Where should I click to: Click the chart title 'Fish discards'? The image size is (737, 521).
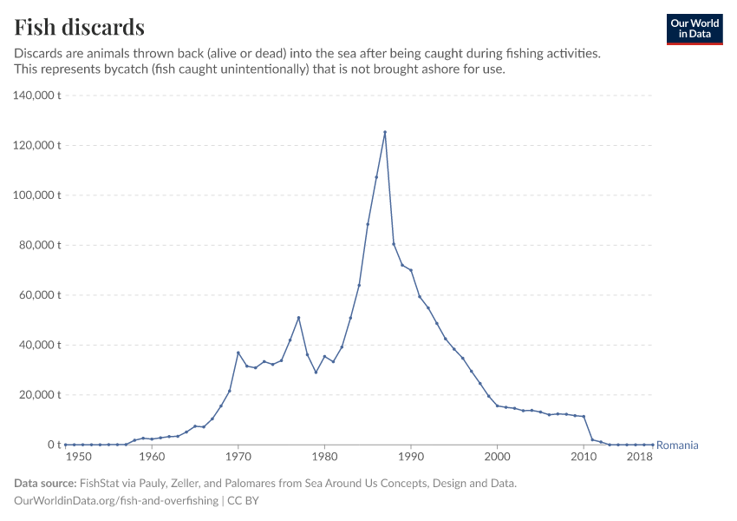[x=80, y=27]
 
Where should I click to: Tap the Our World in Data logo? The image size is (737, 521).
[x=694, y=29]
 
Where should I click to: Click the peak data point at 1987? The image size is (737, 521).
[x=385, y=132]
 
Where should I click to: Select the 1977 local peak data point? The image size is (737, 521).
[x=298, y=318]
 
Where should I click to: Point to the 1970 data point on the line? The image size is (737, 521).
[x=238, y=353]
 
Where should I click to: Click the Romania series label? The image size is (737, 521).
[x=677, y=445]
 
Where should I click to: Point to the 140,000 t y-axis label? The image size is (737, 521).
[x=36, y=95]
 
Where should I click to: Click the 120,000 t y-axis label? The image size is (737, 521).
[x=36, y=145]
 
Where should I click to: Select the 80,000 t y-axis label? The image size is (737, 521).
[x=39, y=245]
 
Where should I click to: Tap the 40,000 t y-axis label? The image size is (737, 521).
[x=39, y=345]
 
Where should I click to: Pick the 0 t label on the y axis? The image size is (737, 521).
[x=51, y=445]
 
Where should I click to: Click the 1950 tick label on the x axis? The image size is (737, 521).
[x=78, y=457]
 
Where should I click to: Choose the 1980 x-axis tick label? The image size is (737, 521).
[x=324, y=457]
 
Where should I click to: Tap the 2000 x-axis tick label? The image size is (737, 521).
[x=497, y=457]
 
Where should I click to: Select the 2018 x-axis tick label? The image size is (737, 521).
[x=640, y=457]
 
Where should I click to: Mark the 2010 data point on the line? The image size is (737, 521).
[x=584, y=417]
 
